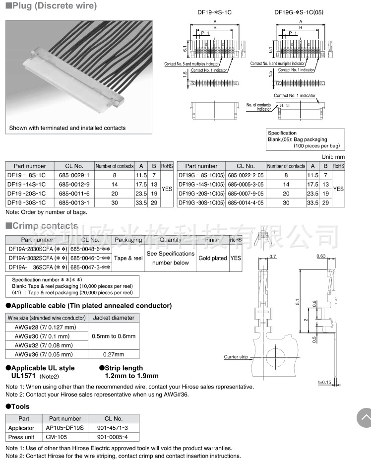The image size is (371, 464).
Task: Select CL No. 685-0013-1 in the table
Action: point(74,202)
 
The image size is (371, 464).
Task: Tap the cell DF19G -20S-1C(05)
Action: point(201,194)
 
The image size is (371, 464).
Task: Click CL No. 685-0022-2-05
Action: point(246,175)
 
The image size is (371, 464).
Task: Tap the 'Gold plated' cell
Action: point(212,258)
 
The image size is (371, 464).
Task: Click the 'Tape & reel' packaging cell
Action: point(128,258)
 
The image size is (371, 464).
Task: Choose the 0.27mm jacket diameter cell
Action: point(114,354)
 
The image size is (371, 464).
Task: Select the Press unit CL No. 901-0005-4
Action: point(112,437)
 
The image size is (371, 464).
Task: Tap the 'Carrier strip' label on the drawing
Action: point(236,357)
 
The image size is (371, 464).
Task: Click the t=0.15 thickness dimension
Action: point(325,382)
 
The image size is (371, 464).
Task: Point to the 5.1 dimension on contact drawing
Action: point(297,301)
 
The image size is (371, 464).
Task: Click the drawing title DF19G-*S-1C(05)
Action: point(299,12)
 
